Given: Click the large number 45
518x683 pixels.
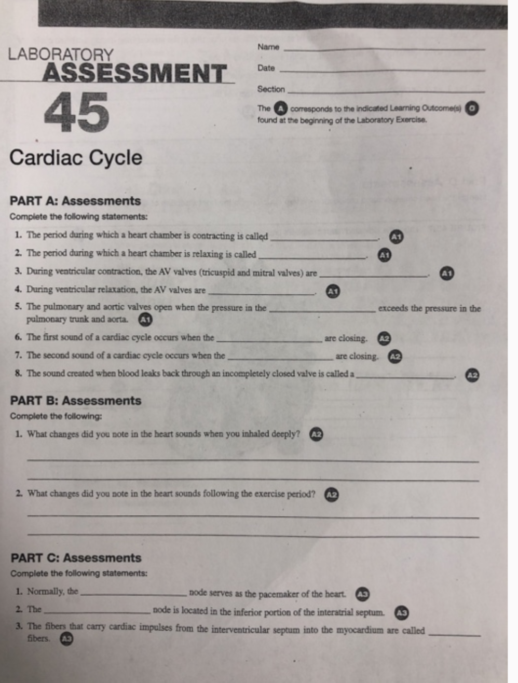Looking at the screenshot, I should pyautogui.click(x=76, y=111).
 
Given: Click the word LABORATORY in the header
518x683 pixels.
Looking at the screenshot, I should pyautogui.click(x=60, y=54).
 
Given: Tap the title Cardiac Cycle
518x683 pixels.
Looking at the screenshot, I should pyautogui.click(x=75, y=158).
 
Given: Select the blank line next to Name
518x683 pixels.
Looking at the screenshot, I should pyautogui.click(x=384, y=48).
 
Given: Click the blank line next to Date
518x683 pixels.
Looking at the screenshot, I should pyautogui.click(x=381, y=70).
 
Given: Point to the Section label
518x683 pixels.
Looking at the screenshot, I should pyautogui.click(x=271, y=89).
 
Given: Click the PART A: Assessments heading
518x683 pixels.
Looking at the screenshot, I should pyautogui.click(x=75, y=201).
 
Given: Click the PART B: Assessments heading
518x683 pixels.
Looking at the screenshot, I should pyautogui.click(x=76, y=401).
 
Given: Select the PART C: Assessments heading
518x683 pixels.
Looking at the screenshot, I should pyautogui.click(x=76, y=558).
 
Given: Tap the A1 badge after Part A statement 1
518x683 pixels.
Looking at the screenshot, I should pyautogui.click(x=396, y=237).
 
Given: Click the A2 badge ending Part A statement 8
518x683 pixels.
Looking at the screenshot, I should pyautogui.click(x=472, y=375).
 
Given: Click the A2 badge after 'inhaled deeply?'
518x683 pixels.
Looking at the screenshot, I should pyautogui.click(x=316, y=435).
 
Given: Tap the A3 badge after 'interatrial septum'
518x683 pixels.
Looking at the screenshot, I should pyautogui.click(x=402, y=613).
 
